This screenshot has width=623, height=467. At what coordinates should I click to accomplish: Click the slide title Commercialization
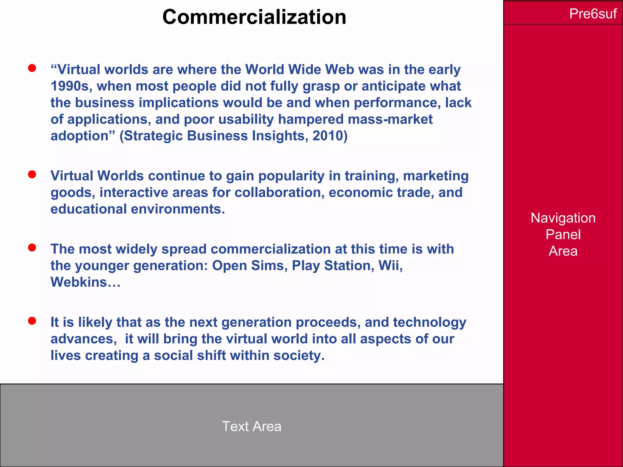pyautogui.click(x=254, y=17)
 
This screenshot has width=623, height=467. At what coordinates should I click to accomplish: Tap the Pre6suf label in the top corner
pyautogui.click(x=593, y=14)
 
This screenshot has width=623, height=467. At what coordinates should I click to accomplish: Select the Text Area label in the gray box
pyautogui.click(x=252, y=426)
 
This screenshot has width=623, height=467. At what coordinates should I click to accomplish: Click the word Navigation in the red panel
pyautogui.click(x=563, y=218)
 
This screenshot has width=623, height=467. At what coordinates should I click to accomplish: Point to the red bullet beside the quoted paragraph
pyautogui.click(x=32, y=68)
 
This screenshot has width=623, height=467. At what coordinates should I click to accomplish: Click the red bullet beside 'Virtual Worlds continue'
pyautogui.click(x=32, y=174)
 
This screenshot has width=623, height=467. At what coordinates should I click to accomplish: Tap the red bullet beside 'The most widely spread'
pyautogui.click(x=32, y=247)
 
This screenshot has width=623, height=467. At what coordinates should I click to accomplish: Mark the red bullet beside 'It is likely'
pyautogui.click(x=32, y=321)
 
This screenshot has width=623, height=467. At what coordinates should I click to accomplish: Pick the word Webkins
pyautogui.click(x=79, y=282)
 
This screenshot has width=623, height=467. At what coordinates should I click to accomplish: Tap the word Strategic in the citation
pyautogui.click(x=153, y=136)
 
